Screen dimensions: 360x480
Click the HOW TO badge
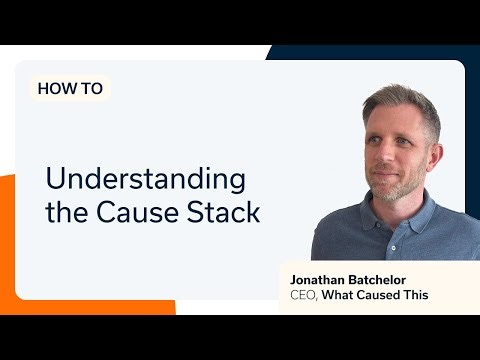click(x=70, y=88)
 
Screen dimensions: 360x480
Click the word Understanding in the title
click(x=146, y=180)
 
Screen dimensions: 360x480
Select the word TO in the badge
click(x=91, y=88)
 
